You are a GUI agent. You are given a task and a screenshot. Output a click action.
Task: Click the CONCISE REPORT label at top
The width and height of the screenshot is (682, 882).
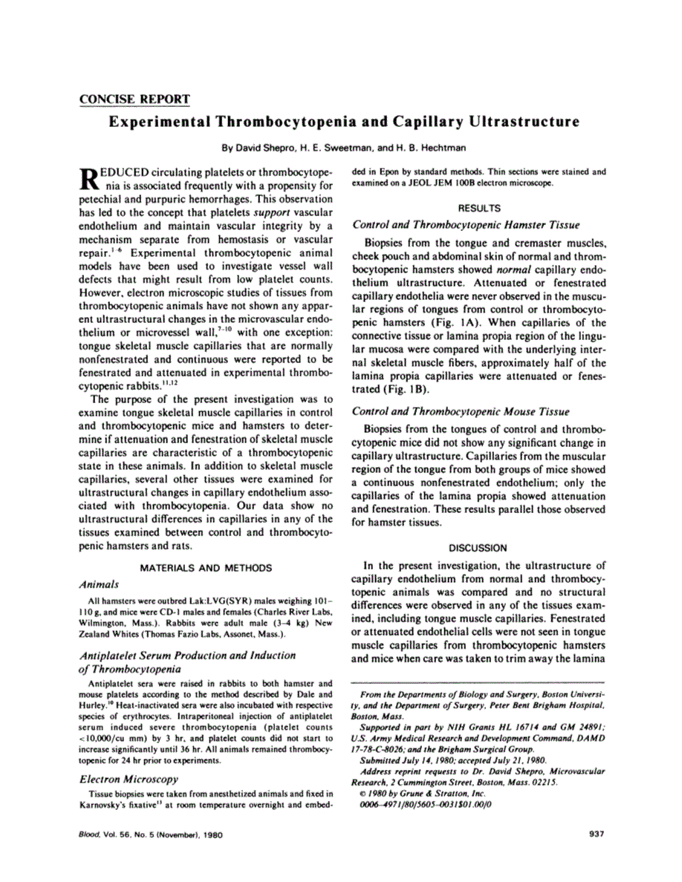(134, 99)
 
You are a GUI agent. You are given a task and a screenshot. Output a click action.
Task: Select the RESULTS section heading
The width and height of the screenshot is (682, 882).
(479, 208)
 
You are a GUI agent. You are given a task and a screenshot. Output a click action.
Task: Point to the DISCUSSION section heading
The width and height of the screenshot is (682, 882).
(479, 548)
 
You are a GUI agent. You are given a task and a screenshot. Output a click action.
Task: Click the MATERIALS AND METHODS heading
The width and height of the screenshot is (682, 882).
(207, 568)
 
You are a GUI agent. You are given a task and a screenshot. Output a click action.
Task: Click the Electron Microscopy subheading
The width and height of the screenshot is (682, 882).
(128, 779)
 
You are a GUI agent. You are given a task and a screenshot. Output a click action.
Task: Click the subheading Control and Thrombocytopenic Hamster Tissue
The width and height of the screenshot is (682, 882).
(465, 224)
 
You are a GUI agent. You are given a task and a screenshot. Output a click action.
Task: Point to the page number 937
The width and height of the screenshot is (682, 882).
(594, 834)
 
